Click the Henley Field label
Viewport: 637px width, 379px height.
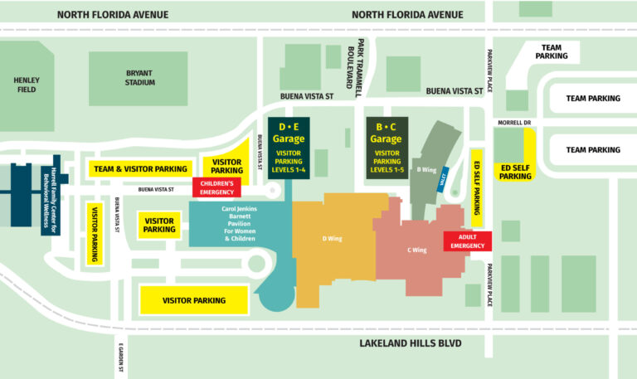point(27,85)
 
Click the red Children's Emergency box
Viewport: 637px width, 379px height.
point(216,187)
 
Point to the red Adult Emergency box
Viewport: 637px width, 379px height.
point(468,241)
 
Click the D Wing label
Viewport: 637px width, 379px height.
point(331,239)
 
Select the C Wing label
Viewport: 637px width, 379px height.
point(418,250)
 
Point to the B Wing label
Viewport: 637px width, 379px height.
point(426,170)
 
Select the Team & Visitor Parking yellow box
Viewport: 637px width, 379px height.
point(140,169)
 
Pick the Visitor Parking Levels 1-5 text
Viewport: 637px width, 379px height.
point(387,161)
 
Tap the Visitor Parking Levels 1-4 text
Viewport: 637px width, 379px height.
point(289,161)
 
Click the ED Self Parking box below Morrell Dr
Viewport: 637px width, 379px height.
point(515,171)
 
